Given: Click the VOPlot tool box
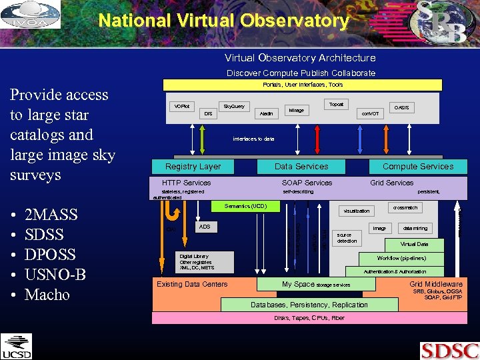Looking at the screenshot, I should tap(181, 107).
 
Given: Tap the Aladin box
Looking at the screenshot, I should tap(266, 113).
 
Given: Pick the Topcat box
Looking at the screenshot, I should tap(337, 105).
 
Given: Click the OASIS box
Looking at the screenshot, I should tap(401, 107).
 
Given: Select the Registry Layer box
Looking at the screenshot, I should tap(193, 167).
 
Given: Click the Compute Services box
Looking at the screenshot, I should tap(417, 167).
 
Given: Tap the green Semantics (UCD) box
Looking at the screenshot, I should tap(245, 207).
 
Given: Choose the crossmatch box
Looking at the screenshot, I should tap(405, 208).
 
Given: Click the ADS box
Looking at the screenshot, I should tap(205, 227).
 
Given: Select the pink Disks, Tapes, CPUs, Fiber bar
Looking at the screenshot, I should tap(309, 318).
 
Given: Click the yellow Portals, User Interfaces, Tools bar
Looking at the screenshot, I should tap(303, 85).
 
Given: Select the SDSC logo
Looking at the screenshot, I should tap(449, 350).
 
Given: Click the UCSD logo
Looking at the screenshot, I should tap(16, 346).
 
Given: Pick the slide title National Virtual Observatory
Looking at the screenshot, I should tap(224, 21).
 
